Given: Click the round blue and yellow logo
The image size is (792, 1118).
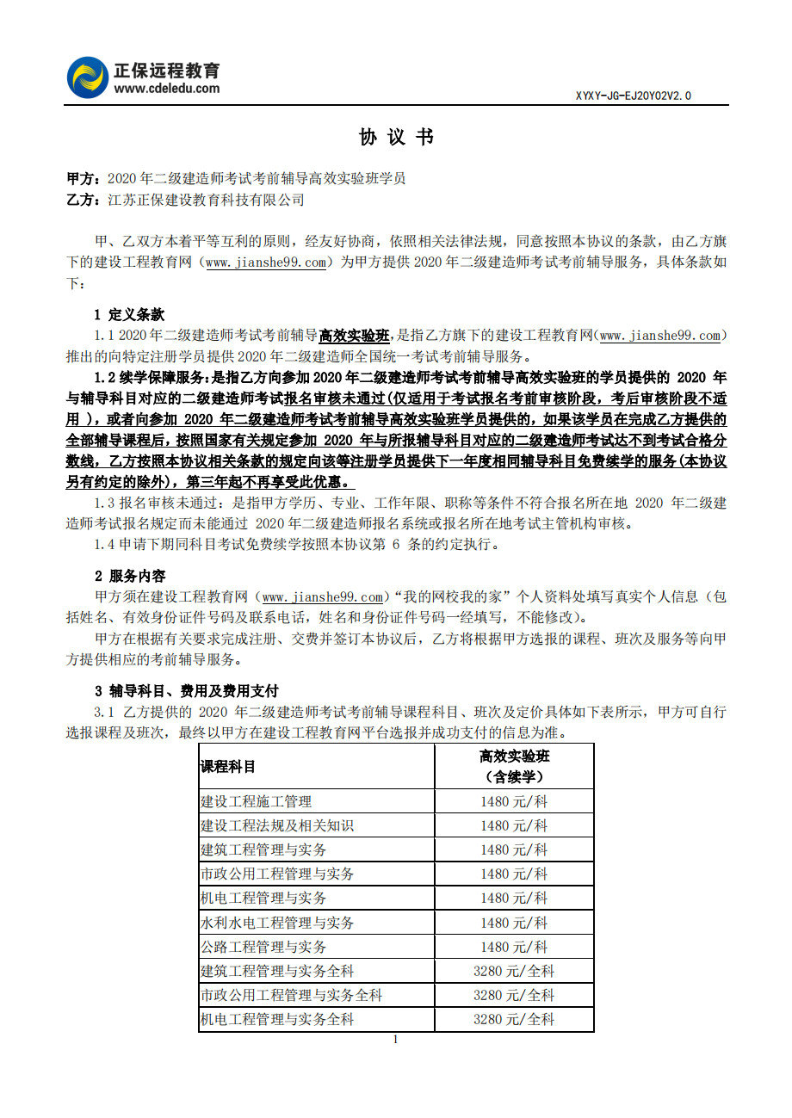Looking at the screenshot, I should point(87,77).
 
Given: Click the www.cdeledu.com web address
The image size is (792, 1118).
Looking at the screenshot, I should point(166,88).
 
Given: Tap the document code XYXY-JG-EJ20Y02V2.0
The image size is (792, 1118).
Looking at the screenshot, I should point(633,96).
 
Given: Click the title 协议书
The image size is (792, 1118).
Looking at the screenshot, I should point(396,137).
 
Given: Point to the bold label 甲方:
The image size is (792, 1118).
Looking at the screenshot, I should point(84,179).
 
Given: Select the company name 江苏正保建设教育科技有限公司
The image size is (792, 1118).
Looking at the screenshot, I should point(206,200).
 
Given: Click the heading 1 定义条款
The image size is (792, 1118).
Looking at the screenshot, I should point(129,314).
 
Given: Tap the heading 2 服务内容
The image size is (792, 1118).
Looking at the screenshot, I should point(129,576).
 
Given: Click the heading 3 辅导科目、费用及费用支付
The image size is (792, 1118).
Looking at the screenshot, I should point(186,691).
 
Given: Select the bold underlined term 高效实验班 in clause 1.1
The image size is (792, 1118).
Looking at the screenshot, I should point(354,336).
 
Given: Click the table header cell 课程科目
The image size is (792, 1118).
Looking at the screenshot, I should point(228,766).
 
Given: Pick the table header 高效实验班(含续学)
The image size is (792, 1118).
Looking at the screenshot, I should point(514,766).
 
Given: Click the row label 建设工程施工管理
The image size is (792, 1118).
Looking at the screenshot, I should point(256,801).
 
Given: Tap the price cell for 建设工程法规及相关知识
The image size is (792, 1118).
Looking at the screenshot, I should point(514,825).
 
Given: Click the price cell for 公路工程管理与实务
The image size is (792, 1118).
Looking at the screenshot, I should point(514,947).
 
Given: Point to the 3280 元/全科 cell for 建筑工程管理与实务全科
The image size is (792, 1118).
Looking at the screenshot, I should point(514,971).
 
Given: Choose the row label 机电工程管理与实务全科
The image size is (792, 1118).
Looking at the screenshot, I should point(277,1019).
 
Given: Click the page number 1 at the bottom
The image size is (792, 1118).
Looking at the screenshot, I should point(395,1040).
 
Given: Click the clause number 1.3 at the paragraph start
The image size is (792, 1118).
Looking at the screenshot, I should point(104,503).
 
